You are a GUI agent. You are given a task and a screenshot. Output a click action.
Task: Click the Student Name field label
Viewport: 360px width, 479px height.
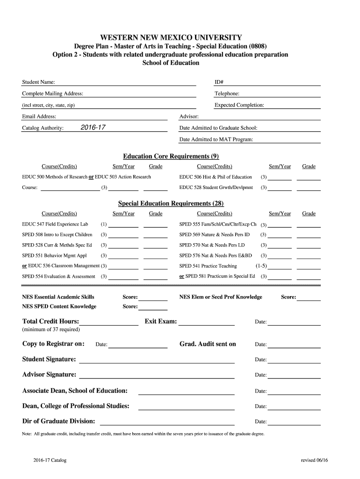pyautogui.click(x=38, y=82)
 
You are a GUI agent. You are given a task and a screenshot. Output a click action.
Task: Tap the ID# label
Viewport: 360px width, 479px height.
pyautogui.click(x=219, y=82)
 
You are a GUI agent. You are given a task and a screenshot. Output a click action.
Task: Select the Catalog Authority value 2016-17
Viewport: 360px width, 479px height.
pyautogui.click(x=93, y=128)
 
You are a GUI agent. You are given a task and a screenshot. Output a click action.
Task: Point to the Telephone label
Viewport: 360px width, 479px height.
pyautogui.click(x=227, y=94)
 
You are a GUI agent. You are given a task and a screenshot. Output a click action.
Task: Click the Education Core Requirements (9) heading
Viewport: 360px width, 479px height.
pyautogui.click(x=171, y=156)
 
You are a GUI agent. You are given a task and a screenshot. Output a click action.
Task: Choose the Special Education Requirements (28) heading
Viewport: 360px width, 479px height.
pyautogui.click(x=171, y=203)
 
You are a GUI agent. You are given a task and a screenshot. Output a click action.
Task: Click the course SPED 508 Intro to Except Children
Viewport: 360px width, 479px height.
pyautogui.click(x=57, y=234)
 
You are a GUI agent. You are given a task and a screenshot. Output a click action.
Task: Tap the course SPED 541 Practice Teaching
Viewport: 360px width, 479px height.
pyautogui.click(x=208, y=266)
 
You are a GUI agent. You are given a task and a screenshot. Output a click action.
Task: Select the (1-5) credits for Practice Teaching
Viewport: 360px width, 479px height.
pyautogui.click(x=261, y=266)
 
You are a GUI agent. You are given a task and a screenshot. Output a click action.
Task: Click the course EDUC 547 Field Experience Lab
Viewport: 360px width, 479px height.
pyautogui.click(x=55, y=224)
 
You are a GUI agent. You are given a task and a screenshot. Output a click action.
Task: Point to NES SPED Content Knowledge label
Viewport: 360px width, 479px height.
pyautogui.click(x=59, y=306)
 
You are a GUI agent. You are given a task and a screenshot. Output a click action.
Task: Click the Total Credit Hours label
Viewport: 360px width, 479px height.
pyautogui.click(x=50, y=321)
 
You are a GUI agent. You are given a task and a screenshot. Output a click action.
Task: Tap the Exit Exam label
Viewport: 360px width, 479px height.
pyautogui.click(x=161, y=321)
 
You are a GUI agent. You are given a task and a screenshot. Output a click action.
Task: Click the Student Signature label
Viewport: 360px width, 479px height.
pyautogui.click(x=49, y=359)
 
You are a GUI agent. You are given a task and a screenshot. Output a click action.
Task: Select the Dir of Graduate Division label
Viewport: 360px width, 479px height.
pyautogui.click(x=58, y=421)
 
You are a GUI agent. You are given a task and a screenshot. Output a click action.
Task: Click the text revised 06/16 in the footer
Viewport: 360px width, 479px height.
pyautogui.click(x=315, y=460)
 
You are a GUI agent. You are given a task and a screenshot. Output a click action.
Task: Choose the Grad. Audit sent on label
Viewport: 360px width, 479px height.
pyautogui.click(x=208, y=344)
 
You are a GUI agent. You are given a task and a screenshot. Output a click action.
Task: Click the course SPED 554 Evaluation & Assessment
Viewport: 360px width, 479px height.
pyautogui.click(x=58, y=276)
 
